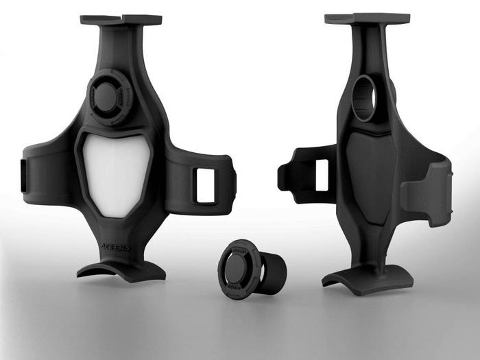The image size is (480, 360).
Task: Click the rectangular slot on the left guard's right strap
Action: (x=205, y=185)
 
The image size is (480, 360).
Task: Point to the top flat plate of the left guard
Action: (x=121, y=19)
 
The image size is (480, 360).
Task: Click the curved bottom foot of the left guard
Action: (x=122, y=270)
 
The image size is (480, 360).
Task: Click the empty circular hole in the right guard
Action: (x=365, y=98)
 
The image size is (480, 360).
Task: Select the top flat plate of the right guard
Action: (x=367, y=19)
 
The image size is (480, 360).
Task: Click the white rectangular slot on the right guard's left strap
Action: (x=321, y=175)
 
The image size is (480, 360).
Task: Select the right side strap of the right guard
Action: (x=429, y=192)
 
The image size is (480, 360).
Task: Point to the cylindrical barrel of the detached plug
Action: (x=274, y=273)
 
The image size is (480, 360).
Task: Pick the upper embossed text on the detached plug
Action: (x=237, y=251)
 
